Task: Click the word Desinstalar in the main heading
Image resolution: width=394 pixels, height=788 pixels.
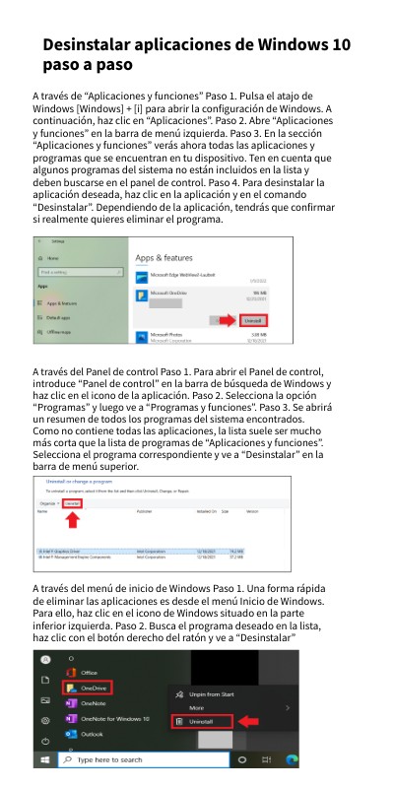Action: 94,46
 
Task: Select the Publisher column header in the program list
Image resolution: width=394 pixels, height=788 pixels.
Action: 145,512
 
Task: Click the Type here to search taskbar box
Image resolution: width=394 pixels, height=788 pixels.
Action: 138,760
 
